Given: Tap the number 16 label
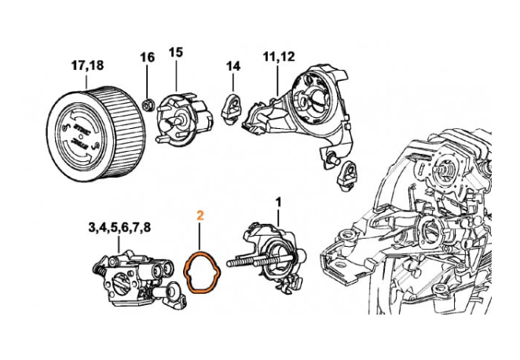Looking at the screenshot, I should coord(148,57).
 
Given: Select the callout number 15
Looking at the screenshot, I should coord(175,52).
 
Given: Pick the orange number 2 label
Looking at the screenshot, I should coord(200,214).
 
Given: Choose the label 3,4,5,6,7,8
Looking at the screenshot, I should coord(119,228).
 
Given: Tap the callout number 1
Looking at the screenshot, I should coord(276,202).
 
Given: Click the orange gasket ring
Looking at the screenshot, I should coord(202,270).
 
